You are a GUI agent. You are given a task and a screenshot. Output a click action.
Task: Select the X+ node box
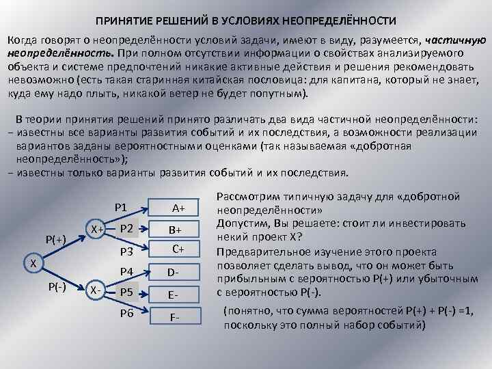click(96, 230)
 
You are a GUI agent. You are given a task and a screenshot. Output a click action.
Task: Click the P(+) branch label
click(55, 239)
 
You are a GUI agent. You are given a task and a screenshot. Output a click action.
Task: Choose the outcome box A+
click(178, 207)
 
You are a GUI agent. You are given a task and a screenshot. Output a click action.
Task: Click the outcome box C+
click(178, 249)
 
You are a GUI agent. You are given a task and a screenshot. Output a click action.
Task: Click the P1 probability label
click(122, 206)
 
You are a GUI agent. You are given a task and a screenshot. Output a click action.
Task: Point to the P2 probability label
click(126, 229)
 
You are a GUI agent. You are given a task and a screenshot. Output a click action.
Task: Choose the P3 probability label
click(126, 252)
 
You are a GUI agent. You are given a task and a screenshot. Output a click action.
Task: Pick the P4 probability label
click(126, 272)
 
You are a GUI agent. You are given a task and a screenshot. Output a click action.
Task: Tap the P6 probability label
click(126, 314)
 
